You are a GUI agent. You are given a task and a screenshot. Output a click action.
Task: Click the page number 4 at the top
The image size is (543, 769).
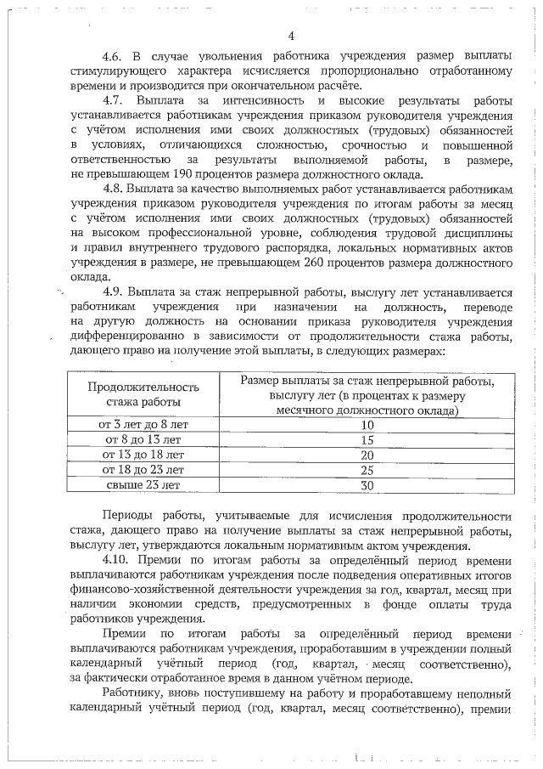point(290,36)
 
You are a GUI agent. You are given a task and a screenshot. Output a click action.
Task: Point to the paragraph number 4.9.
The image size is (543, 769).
point(115,293)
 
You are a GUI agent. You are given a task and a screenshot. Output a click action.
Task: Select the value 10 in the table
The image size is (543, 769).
point(367,424)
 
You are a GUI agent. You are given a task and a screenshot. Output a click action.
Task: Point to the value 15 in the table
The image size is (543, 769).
point(367,439)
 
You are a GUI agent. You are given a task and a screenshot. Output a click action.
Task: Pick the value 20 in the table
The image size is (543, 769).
point(367,455)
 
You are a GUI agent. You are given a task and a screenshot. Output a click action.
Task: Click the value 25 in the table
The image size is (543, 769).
point(367,470)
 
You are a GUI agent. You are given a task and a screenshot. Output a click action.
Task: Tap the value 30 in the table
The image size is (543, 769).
point(367,485)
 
